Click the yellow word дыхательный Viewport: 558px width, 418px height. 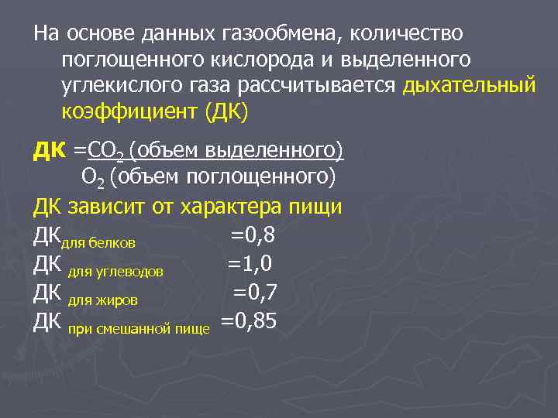[469, 86]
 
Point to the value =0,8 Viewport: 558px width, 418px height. [253, 235]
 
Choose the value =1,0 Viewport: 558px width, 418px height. [249, 264]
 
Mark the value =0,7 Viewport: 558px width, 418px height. [255, 292]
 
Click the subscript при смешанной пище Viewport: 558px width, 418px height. [139, 328]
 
